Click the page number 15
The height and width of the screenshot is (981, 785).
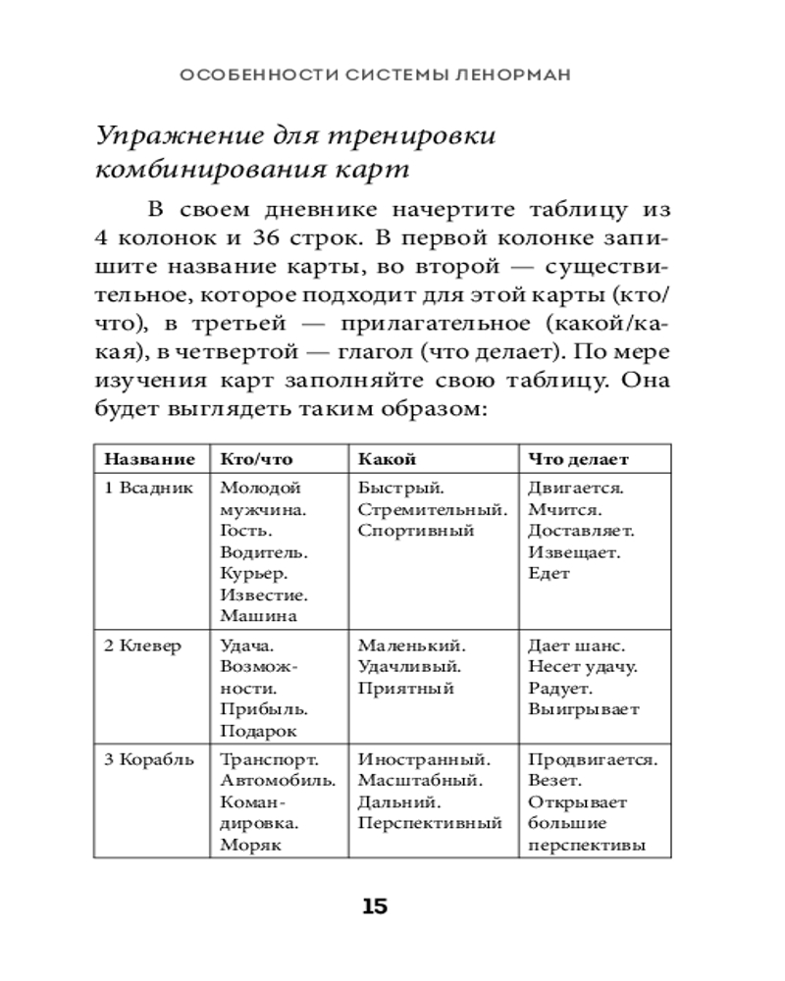(x=375, y=905)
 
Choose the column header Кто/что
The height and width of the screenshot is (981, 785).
(x=256, y=459)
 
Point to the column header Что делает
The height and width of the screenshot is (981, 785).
(x=578, y=459)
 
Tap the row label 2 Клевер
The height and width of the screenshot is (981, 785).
(x=143, y=646)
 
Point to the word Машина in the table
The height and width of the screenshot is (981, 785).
(x=258, y=617)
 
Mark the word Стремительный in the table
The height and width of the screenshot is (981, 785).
(x=433, y=509)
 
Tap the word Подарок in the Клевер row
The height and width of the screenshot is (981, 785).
(x=259, y=731)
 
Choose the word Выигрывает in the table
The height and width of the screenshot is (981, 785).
(x=583, y=709)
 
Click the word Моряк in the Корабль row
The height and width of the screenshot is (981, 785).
(x=251, y=845)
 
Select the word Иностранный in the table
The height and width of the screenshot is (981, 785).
(x=424, y=759)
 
